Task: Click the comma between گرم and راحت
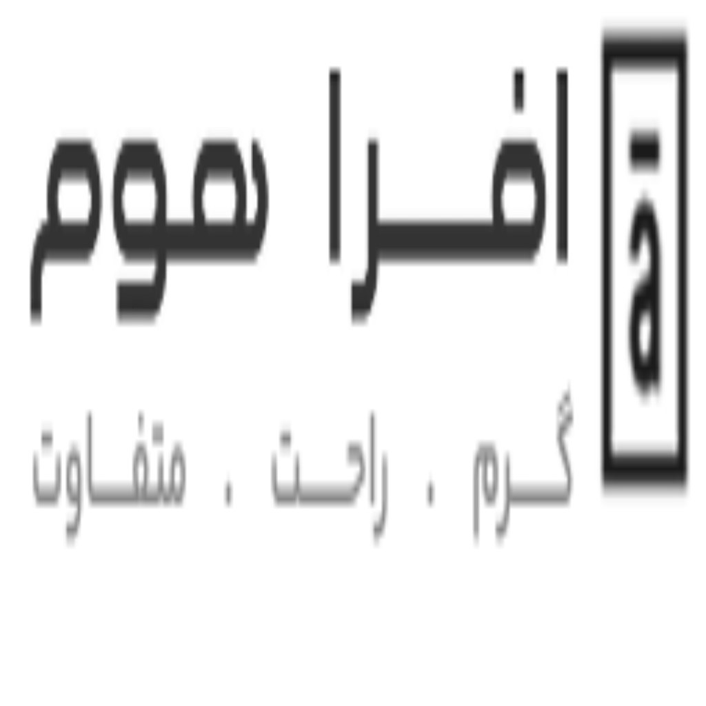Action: point(430,492)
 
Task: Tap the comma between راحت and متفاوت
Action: point(229,492)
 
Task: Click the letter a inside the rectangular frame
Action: point(645,297)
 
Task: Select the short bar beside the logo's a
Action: point(645,150)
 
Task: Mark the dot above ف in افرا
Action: point(518,89)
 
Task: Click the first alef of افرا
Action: point(562,165)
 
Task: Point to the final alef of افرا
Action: point(334,165)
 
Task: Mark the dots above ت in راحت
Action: point(285,436)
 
